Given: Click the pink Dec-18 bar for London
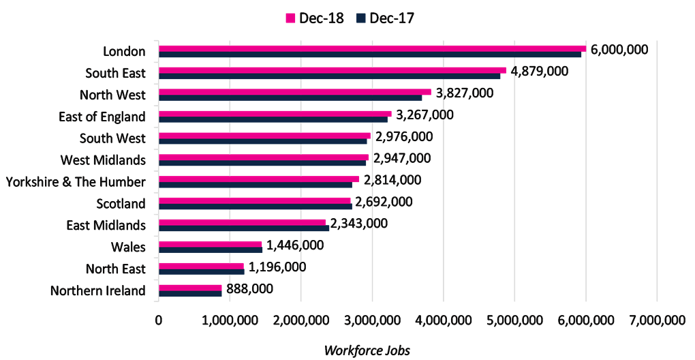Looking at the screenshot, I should click(372, 48).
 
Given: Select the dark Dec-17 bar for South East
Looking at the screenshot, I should click(330, 77).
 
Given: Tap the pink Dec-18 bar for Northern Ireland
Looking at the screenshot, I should click(190, 288).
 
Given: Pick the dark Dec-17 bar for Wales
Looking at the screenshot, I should click(211, 250).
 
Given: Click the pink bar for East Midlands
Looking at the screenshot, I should click(243, 222).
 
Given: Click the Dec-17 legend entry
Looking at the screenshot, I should click(385, 18).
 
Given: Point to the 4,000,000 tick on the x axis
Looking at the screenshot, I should click(444, 320).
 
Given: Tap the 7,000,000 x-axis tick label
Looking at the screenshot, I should click(657, 320).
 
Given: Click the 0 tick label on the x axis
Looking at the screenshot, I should click(159, 320).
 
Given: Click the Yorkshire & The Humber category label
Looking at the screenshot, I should click(75, 182).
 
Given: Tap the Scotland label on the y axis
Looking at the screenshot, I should click(121, 204).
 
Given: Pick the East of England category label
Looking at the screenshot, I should click(102, 117).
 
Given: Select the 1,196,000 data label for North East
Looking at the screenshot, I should click(276, 267).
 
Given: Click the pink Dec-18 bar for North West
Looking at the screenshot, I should click(295, 92).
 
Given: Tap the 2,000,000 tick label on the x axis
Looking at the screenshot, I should click(301, 320).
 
